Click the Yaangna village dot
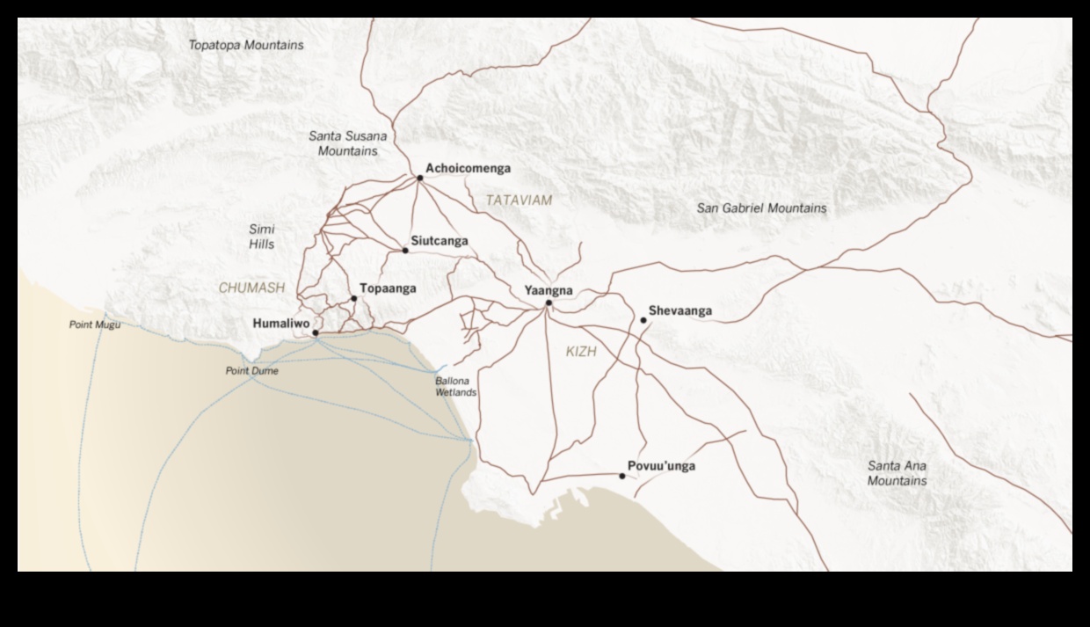pos(549,303)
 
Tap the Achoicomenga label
pos(468,168)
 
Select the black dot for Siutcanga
pos(405,251)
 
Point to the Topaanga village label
pos(388,288)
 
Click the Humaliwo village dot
pos(316,333)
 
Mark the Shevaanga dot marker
pos(643,320)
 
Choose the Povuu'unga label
pos(661,466)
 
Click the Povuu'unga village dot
pos(622,477)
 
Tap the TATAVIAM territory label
pos(520,200)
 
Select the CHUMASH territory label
pos(251,288)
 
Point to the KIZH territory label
pos(581,352)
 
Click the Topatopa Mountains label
pos(246,45)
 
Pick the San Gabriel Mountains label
pos(761,208)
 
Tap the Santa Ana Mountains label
pos(897,473)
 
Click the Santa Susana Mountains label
pos(347,143)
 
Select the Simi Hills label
pos(261,237)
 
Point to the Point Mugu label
pos(95,325)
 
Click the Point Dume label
pos(252,371)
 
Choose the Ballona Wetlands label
pos(456,387)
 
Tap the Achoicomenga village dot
pos(420,178)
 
